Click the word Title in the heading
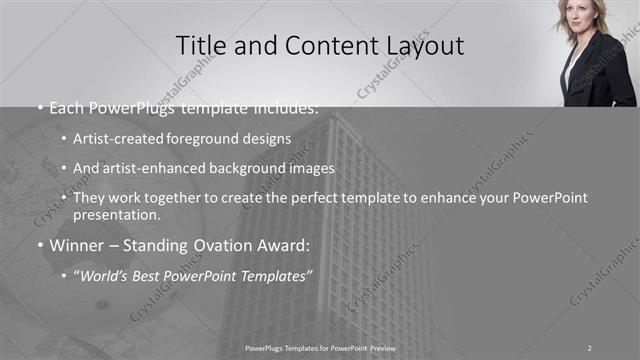pos(199,46)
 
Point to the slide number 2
pos(590,347)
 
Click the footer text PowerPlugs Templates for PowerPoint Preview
pos(320,347)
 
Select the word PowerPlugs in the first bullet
pos(137,108)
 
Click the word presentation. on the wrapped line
pos(116,214)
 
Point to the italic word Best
pos(152,274)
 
